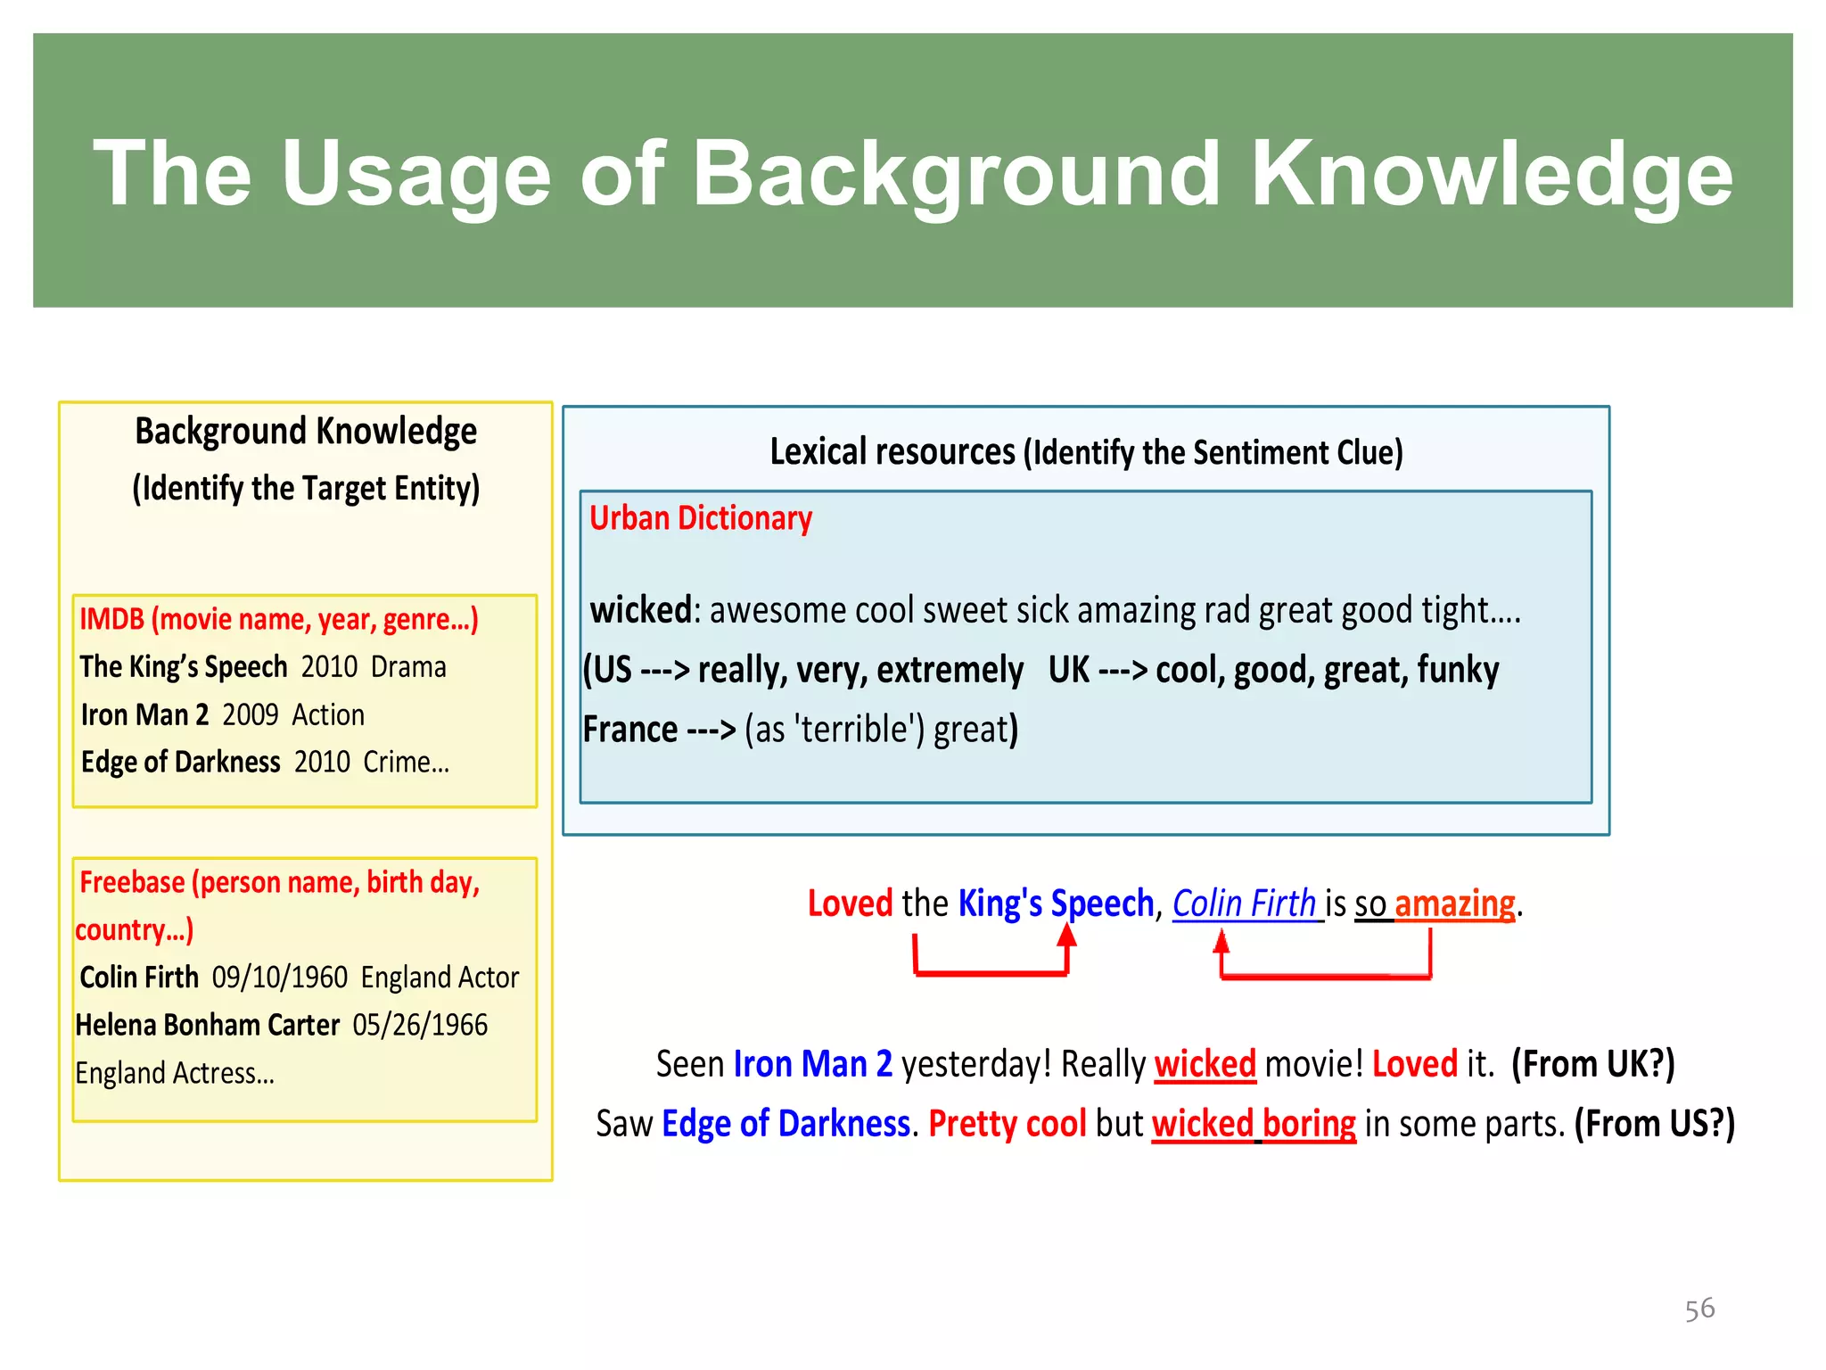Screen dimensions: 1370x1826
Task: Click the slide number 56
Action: [x=1699, y=1308]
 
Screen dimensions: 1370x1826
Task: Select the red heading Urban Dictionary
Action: [x=701, y=518]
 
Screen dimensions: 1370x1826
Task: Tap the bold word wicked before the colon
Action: [x=640, y=610]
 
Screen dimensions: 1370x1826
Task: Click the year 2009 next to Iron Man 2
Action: [x=251, y=714]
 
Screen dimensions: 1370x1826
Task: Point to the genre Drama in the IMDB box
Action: [x=408, y=667]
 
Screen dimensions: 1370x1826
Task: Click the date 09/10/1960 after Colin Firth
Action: [x=279, y=978]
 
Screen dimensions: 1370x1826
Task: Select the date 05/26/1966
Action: [x=420, y=1025]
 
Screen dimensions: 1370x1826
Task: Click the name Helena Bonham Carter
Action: [x=207, y=1025]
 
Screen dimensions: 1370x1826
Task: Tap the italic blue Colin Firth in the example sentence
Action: [x=1244, y=904]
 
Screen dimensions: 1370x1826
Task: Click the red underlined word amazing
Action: [x=1454, y=904]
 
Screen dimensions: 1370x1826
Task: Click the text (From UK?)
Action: [x=1592, y=1064]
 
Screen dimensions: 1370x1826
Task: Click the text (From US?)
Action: [x=1654, y=1124]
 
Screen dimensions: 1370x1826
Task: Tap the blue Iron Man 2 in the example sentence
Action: [x=812, y=1064]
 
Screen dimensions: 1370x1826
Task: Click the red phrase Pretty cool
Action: [x=1007, y=1124]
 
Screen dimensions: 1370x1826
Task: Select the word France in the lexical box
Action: [x=630, y=730]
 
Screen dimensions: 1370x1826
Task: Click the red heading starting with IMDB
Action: [x=279, y=619]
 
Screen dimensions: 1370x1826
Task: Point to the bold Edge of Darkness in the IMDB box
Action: [x=181, y=762]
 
